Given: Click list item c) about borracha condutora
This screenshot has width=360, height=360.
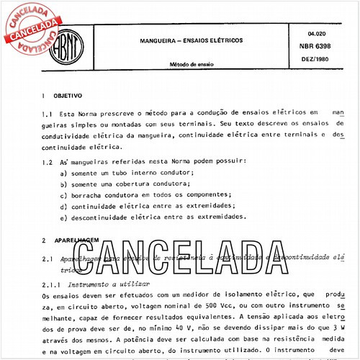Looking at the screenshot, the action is pyautogui.click(x=147, y=195).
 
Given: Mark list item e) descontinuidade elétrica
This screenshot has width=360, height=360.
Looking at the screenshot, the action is pyautogui.click(x=154, y=217).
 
